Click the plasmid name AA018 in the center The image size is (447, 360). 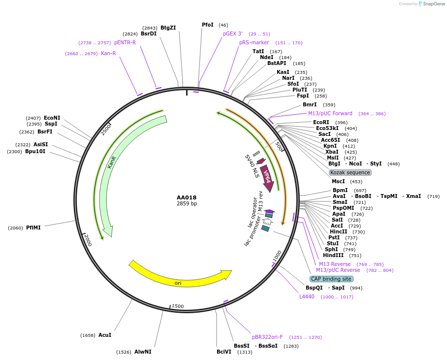tap(187, 197)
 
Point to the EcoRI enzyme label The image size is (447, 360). tap(321, 122)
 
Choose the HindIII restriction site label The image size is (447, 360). tap(335, 255)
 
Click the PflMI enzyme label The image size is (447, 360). tap(33, 228)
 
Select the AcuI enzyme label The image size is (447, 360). tap(105, 335)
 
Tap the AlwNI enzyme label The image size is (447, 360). tap(143, 352)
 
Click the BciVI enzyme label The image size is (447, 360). tap(224, 352)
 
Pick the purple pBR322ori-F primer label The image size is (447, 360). tap(267, 337)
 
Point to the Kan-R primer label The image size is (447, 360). tap(108, 53)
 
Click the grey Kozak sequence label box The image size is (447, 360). tap(350, 172)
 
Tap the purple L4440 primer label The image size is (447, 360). tap(307, 296)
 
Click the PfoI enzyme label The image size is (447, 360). tap(208, 25)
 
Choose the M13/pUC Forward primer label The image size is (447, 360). tap(330, 113)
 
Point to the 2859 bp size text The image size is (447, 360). tap(187, 204)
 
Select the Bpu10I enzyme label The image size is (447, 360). tap(35, 152)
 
